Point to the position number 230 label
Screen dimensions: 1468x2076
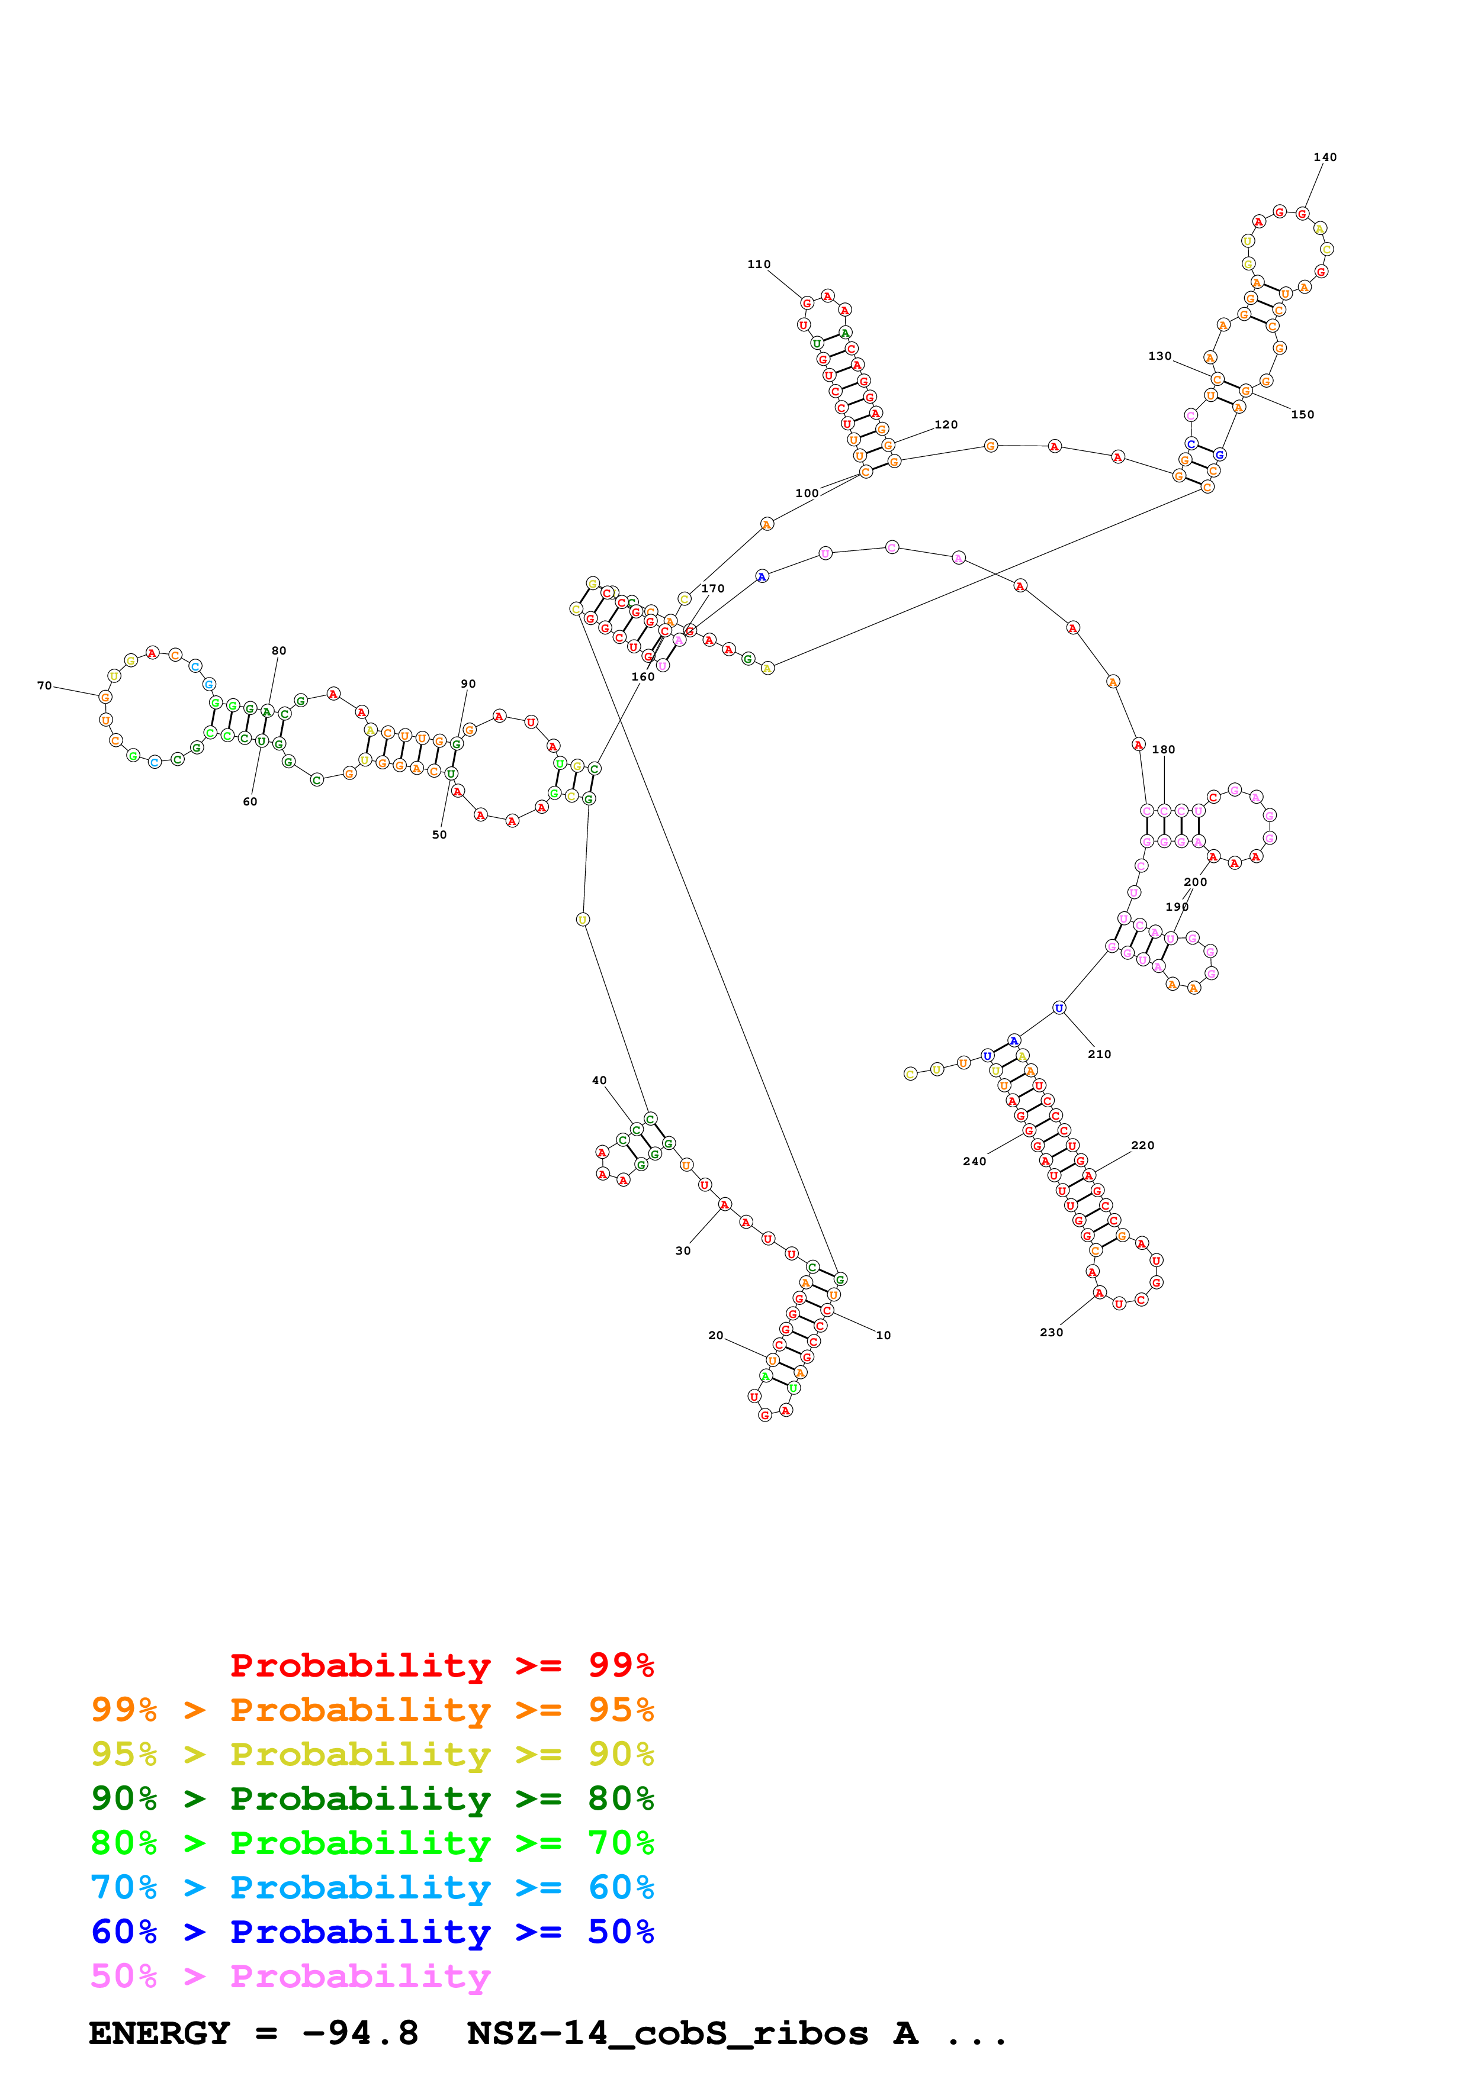[1051, 1332]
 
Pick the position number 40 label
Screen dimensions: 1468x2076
[599, 1081]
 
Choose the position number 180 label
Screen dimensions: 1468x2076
[1163, 750]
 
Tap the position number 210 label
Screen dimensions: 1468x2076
[1099, 1055]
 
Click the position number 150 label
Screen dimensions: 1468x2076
[1302, 415]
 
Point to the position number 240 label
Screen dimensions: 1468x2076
[974, 1162]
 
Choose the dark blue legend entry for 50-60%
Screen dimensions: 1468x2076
[372, 1932]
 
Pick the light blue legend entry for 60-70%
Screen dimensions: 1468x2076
[372, 1887]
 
